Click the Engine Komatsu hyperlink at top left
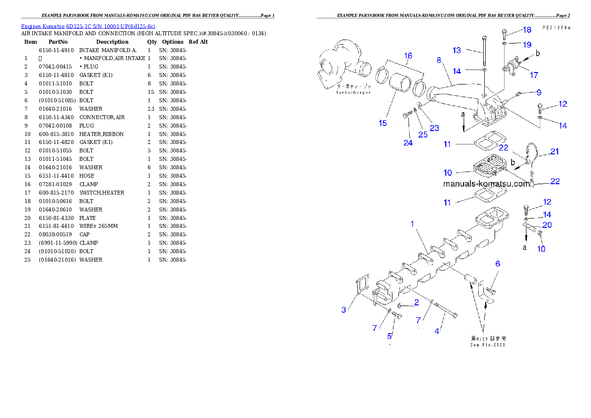88,26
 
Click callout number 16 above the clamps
408,56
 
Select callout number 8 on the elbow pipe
439,60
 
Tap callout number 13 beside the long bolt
457,50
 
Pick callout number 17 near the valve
533,75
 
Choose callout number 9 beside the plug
538,92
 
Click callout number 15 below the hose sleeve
383,123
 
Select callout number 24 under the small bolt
408,143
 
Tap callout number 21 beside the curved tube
554,151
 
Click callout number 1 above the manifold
412,224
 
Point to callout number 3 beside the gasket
344,310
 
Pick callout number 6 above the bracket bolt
497,264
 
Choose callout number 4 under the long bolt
437,331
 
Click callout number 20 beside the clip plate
547,224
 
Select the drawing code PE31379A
556,28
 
